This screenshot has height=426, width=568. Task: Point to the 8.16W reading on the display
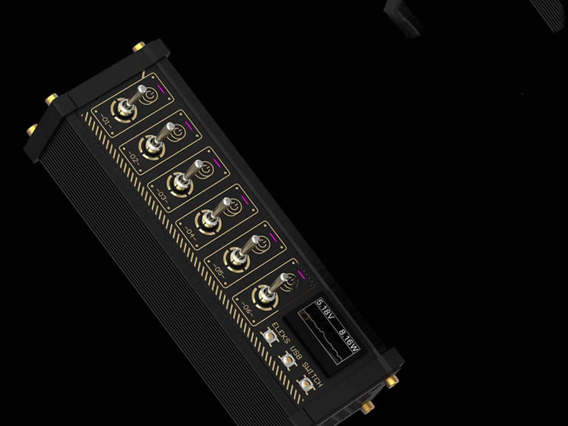coord(349,340)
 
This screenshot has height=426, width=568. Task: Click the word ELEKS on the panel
coord(281,333)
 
